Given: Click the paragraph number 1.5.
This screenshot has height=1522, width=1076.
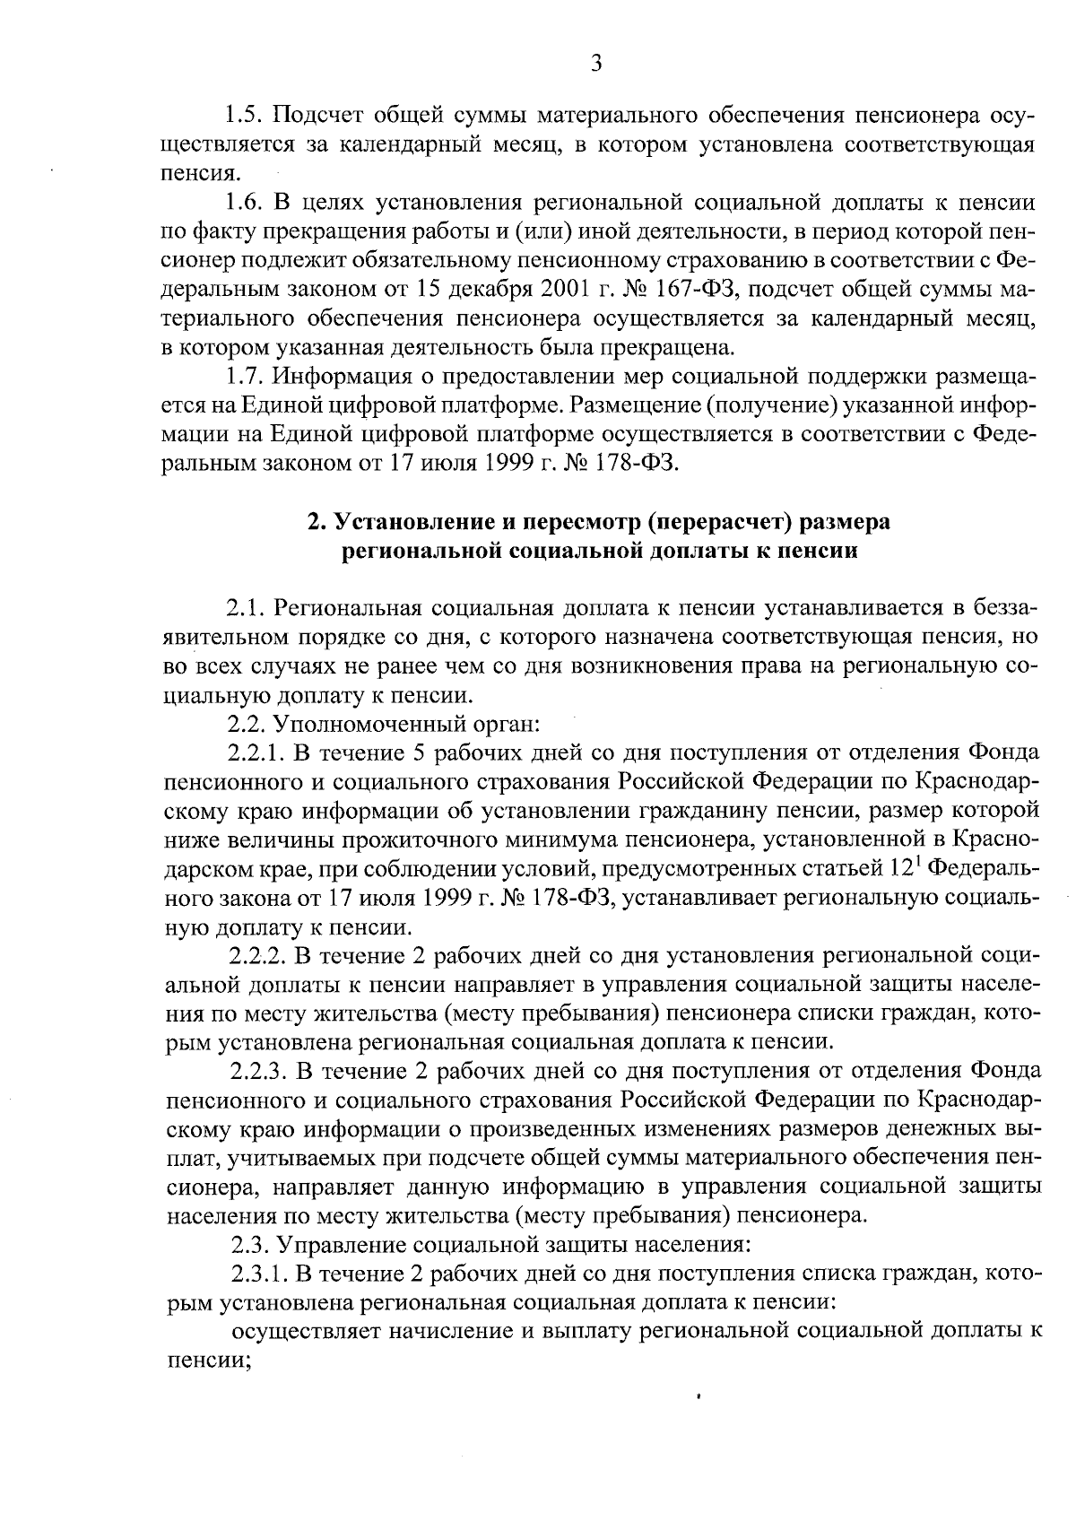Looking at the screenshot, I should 243,116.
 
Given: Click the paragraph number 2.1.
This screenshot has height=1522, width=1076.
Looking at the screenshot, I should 243,609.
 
